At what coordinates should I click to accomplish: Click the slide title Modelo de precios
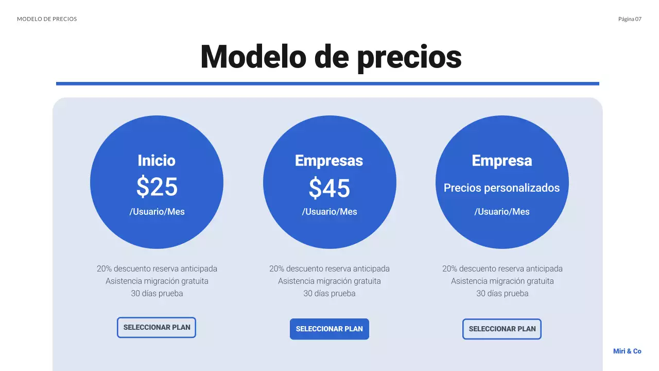pos(331,56)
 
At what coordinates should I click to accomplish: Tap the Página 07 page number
pos(630,19)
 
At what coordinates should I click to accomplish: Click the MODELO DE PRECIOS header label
pos(47,19)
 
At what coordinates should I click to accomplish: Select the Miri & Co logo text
pos(627,351)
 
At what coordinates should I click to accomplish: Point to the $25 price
pos(157,187)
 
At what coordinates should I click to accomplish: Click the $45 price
pos(329,189)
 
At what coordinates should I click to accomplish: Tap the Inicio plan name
pos(157,161)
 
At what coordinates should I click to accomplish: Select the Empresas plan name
pos(329,161)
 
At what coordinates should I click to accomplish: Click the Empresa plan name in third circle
pos(502,161)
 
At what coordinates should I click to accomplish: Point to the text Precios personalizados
pos(501,188)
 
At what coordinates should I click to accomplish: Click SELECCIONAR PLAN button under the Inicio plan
pos(157,328)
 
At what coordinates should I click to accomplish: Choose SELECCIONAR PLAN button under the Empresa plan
pos(502,329)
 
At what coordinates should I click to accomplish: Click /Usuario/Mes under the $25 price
pos(157,212)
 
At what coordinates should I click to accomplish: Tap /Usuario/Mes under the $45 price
pos(329,212)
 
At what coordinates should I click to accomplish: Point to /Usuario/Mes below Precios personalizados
pos(502,212)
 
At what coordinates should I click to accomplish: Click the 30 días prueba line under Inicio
pos(157,294)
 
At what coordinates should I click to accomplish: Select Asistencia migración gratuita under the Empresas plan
pos(329,281)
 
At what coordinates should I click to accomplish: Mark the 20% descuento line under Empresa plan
pos(502,269)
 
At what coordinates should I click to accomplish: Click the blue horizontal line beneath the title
pos(327,83)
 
